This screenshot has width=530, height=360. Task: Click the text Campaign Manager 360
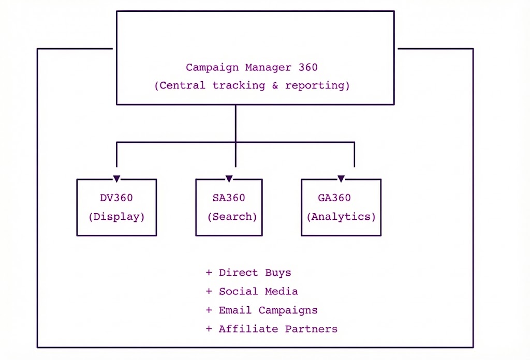(x=252, y=67)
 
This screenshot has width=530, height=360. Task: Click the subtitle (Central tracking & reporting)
(x=252, y=85)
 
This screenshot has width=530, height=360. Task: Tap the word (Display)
(x=116, y=217)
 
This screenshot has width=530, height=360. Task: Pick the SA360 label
(x=229, y=198)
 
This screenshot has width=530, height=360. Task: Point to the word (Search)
(x=232, y=217)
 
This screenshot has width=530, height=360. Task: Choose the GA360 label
(x=334, y=198)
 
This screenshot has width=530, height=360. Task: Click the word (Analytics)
(x=341, y=217)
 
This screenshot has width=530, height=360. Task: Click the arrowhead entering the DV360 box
(x=116, y=178)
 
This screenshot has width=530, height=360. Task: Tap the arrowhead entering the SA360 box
(x=229, y=178)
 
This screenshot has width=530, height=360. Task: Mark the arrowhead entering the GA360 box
(x=341, y=178)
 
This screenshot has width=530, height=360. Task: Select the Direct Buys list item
(x=255, y=273)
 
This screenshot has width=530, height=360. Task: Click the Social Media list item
(x=258, y=291)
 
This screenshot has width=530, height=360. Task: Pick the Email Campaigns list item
(x=268, y=310)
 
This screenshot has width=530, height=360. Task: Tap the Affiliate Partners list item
(x=278, y=329)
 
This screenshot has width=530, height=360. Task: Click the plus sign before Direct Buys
(x=209, y=273)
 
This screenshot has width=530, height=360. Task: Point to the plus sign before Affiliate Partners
(x=209, y=329)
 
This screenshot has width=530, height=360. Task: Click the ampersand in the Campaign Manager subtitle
(x=275, y=85)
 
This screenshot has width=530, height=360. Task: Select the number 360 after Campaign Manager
(x=308, y=67)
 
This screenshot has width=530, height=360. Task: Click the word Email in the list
(x=235, y=310)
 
